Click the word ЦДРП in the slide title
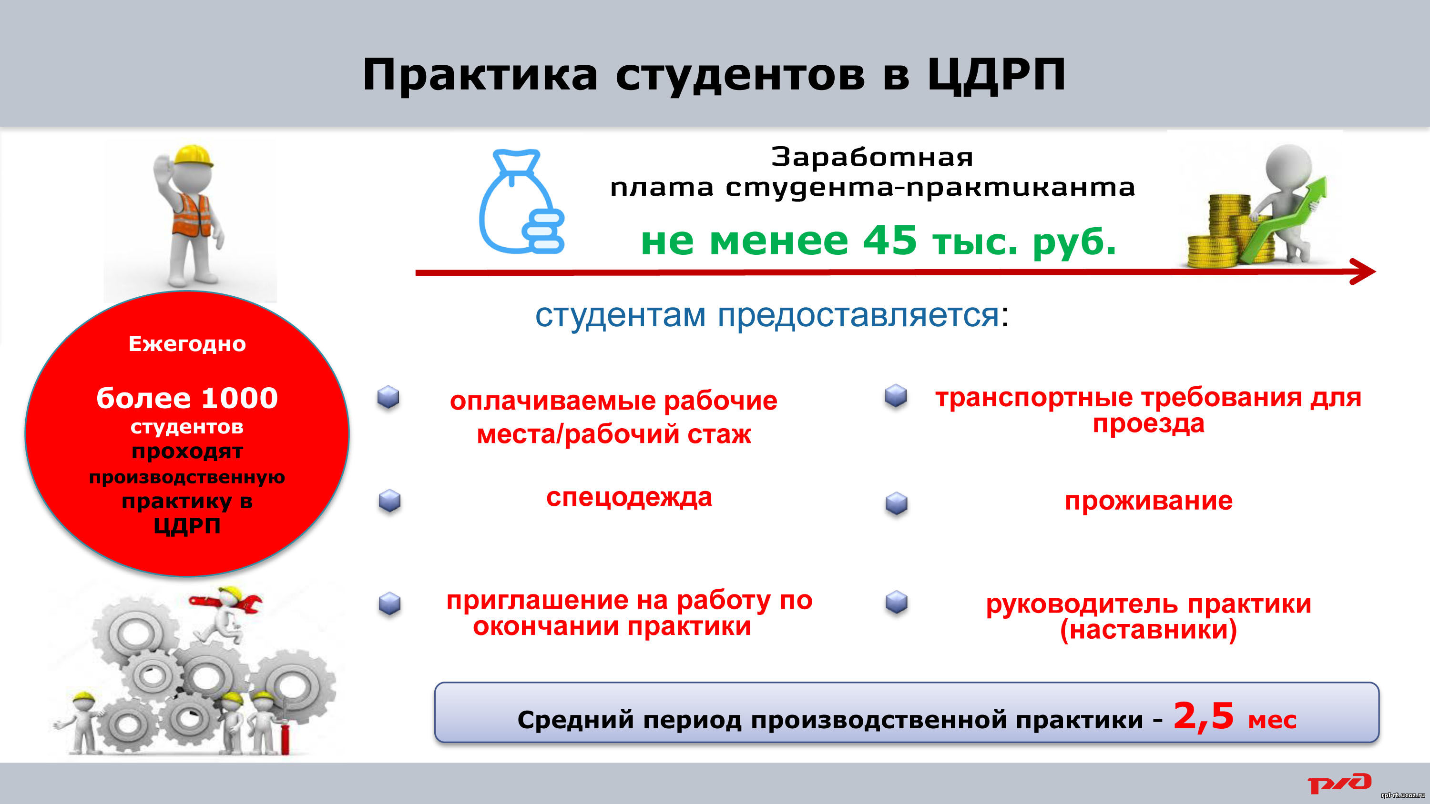(996, 75)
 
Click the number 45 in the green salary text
(890, 240)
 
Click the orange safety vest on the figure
(192, 214)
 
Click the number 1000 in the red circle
(239, 398)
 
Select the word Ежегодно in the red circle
(187, 344)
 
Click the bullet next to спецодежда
(390, 501)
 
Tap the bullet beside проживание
(897, 503)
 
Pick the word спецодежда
(629, 498)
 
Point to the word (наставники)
(1149, 630)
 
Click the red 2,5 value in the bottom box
(1204, 716)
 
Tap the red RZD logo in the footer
(1339, 783)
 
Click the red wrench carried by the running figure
(225, 603)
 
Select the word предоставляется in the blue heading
(858, 315)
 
